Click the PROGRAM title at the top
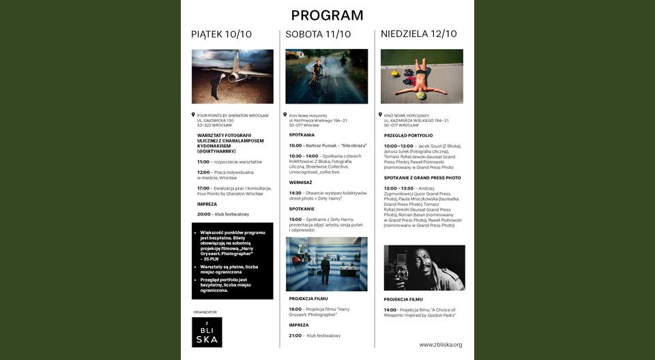[x=327, y=15]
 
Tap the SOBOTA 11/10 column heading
[x=318, y=34]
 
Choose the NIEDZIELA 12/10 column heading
[x=419, y=34]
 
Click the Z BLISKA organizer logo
[x=207, y=332]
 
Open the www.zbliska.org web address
[x=440, y=345]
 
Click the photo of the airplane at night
[x=232, y=76]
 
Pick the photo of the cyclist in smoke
[x=326, y=76]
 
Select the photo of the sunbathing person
[x=422, y=76]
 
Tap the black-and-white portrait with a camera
[x=424, y=267]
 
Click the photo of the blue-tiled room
[x=326, y=264]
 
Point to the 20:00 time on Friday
[x=203, y=214]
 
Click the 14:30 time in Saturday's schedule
[x=295, y=193]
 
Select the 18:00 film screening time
[x=295, y=309]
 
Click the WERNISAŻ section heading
[x=300, y=182]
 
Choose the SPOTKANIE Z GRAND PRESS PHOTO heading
[x=422, y=178]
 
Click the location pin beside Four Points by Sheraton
[x=193, y=115]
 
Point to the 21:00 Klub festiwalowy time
[x=295, y=335]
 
